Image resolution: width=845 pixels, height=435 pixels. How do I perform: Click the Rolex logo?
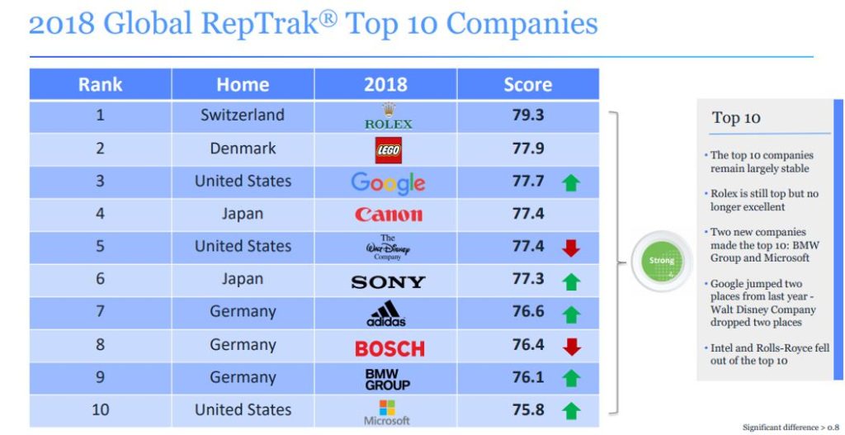(388, 116)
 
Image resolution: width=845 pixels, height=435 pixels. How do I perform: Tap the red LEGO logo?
(388, 149)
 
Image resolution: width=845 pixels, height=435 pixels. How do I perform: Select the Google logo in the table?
(388, 182)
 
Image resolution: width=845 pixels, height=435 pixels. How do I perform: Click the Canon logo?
(388, 215)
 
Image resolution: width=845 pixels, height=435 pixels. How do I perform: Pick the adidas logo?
(388, 314)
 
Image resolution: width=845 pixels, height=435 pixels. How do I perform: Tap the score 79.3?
(528, 115)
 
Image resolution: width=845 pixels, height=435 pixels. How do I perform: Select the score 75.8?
(528, 409)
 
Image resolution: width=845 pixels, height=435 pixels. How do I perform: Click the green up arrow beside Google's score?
(571, 183)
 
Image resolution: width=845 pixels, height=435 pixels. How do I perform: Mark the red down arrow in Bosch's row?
(571, 347)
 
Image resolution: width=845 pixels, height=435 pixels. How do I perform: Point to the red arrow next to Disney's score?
(571, 248)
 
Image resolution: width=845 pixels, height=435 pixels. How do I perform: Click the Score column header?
(528, 84)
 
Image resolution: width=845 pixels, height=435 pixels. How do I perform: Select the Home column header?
(243, 84)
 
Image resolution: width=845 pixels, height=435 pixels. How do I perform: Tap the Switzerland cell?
(243, 115)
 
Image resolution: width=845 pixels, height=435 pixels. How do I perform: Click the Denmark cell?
(243, 149)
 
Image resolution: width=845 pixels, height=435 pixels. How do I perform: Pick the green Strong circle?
(661, 261)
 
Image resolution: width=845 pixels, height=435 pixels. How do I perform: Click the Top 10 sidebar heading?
(736, 118)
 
